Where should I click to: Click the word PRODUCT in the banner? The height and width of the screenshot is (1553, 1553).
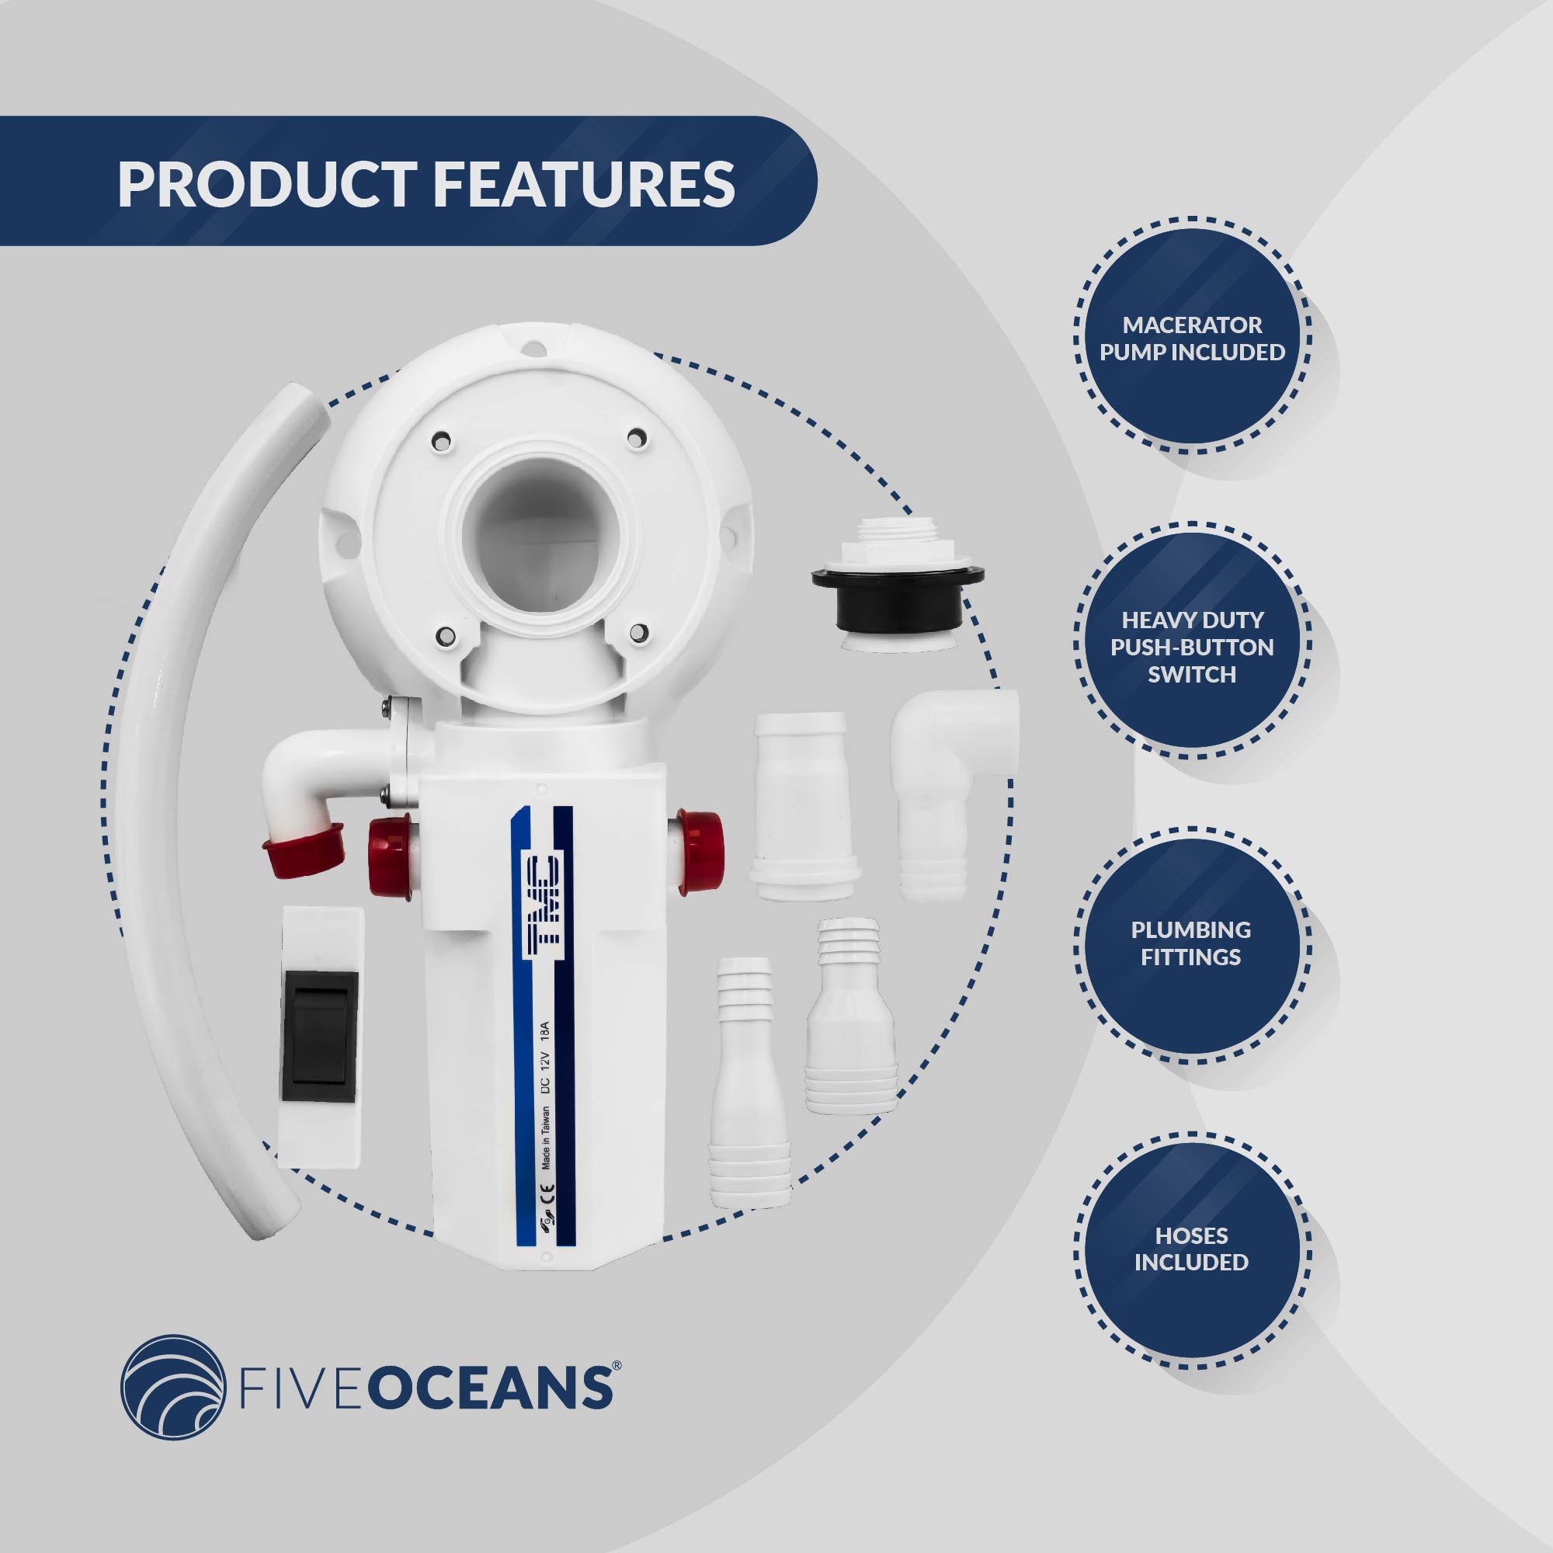[266, 184]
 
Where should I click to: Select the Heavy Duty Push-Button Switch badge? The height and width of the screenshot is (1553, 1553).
[1192, 646]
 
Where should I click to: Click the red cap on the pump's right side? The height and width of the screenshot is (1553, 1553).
[700, 851]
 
